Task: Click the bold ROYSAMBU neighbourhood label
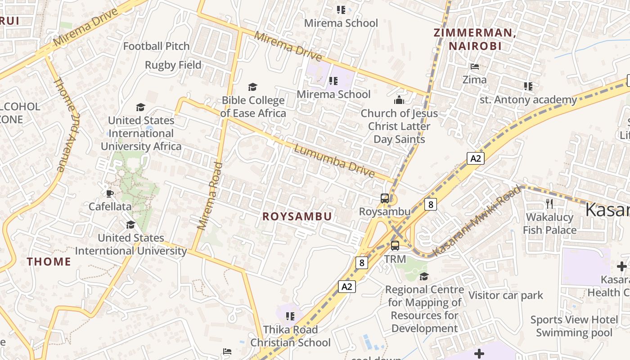(297, 216)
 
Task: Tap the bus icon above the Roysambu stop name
(385, 198)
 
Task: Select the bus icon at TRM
(395, 246)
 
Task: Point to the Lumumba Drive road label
(334, 161)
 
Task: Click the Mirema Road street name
(210, 196)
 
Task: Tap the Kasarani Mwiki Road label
(477, 220)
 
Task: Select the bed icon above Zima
(475, 67)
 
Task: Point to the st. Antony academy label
(528, 100)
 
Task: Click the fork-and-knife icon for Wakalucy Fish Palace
(549, 204)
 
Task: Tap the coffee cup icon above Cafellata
(109, 194)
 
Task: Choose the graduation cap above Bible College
(253, 87)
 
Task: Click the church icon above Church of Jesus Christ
(399, 100)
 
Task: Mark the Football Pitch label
(156, 46)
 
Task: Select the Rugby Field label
(173, 65)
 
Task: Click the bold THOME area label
(49, 261)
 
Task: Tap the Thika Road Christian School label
(290, 336)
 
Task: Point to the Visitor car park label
(506, 296)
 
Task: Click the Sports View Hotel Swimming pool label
(574, 326)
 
